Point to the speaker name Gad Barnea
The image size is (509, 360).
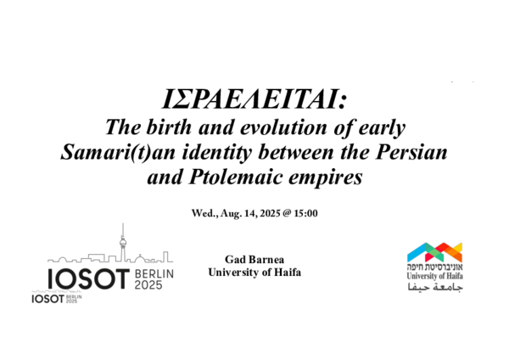click(x=255, y=256)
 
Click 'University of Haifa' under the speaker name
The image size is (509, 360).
click(x=255, y=271)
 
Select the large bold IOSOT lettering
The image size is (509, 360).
click(x=86, y=278)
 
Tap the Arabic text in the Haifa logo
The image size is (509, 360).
click(x=434, y=290)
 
